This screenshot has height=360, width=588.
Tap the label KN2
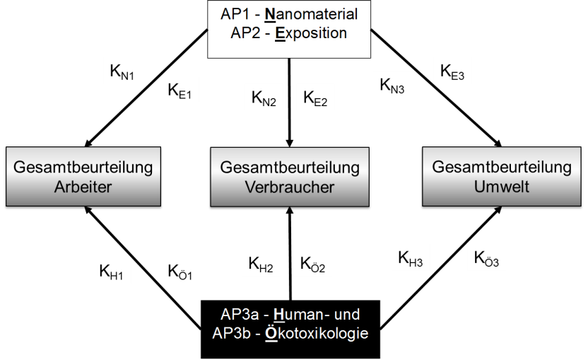pyautogui.click(x=264, y=98)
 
